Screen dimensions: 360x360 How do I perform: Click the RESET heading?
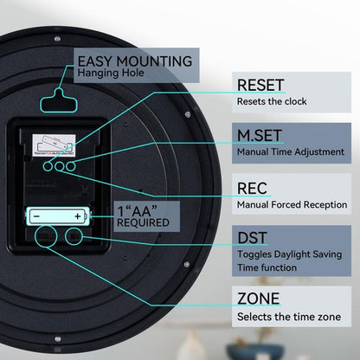260,85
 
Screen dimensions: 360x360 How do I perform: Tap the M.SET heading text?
260,136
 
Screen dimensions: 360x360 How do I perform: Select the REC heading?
252,189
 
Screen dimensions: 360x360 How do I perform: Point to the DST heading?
252,238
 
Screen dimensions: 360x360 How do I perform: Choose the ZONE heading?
259,299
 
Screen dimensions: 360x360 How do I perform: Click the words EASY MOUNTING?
135,61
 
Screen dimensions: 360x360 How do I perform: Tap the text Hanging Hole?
111,73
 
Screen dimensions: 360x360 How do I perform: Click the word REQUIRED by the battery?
143,222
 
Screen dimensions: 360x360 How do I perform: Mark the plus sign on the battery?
78,216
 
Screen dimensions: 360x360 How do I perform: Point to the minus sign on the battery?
36,216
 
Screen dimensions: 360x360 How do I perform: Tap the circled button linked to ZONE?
46,236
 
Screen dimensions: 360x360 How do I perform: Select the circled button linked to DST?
74,237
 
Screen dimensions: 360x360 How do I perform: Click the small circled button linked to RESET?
48,166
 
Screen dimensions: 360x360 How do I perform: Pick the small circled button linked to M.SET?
71,166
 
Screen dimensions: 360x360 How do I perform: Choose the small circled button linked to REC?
60,166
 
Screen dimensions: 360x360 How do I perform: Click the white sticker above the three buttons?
54,145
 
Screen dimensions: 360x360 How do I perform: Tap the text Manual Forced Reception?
292,205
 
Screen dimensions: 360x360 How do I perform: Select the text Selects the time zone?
289,317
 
